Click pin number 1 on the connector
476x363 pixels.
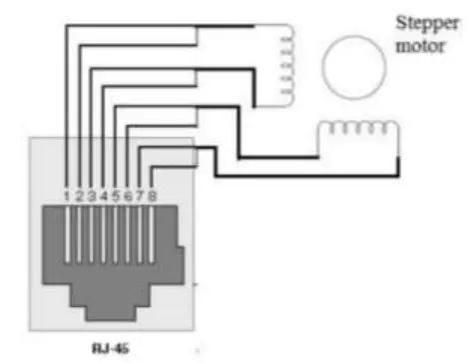[x=65, y=197]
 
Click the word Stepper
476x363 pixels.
[x=422, y=22]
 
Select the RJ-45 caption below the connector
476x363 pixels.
[x=105, y=349]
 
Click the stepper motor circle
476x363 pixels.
[x=351, y=68]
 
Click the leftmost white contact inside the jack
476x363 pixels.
[x=65, y=241]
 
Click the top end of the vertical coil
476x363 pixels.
[x=284, y=28]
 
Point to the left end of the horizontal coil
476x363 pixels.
[x=318, y=130]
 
